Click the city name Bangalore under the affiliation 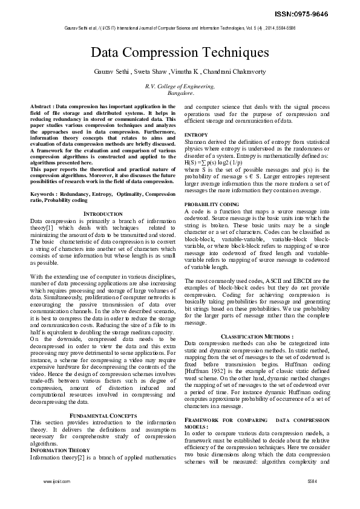(180, 94)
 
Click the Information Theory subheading (60, 450)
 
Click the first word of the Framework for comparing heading (202, 420)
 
